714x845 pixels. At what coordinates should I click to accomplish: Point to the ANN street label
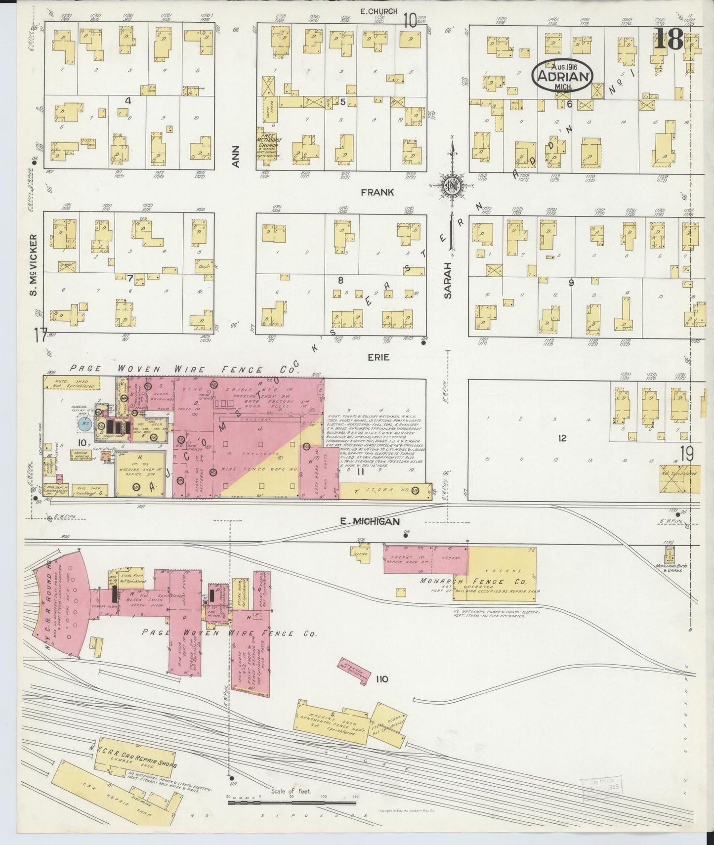[236, 156]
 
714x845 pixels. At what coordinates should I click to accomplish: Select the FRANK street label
[377, 192]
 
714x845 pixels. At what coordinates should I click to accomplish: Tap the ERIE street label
[378, 357]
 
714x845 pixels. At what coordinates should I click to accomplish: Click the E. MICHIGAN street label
[369, 521]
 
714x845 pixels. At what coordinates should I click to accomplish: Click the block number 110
[381, 679]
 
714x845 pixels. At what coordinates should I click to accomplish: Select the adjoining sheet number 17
[41, 335]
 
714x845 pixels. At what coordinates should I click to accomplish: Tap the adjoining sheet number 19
[686, 454]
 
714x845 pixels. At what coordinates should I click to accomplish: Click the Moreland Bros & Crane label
[669, 567]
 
